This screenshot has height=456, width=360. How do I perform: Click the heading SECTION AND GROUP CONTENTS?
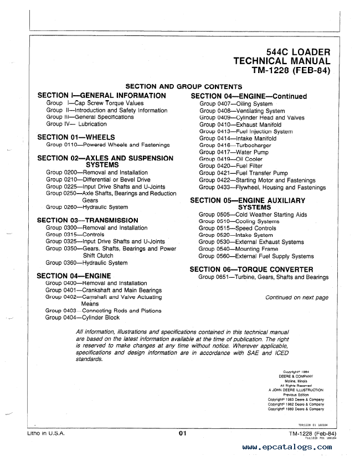tap(184, 86)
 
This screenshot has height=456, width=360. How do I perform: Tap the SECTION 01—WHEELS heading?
tap(76, 137)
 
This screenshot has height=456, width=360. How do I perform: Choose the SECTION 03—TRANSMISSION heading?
tap(88, 220)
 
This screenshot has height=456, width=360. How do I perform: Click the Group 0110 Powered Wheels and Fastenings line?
tap(108, 145)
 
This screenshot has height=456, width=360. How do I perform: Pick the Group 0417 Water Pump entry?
tap(226, 152)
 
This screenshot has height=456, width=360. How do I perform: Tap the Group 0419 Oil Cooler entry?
tap(223, 159)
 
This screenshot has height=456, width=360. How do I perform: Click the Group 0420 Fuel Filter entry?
tap(223, 165)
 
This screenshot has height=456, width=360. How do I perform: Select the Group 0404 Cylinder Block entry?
tap(83, 318)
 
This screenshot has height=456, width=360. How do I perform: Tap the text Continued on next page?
tap(296, 297)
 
